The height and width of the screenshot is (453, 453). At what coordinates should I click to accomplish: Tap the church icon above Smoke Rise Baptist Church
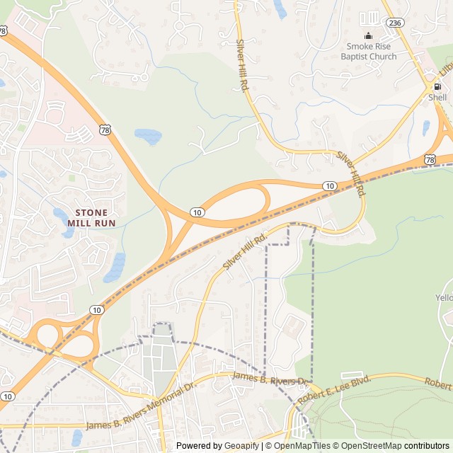(x=368, y=36)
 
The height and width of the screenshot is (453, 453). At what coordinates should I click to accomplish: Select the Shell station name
(x=437, y=97)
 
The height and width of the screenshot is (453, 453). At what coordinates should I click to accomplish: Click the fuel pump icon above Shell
(x=437, y=86)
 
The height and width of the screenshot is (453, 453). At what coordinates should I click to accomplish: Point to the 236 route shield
(x=394, y=23)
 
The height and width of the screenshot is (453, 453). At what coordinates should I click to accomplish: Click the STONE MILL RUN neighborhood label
(x=91, y=217)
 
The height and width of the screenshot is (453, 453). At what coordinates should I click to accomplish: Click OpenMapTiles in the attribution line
(x=302, y=446)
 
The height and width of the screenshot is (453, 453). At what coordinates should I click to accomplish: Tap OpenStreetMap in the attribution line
(x=372, y=446)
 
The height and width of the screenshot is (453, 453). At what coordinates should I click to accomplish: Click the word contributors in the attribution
(x=428, y=446)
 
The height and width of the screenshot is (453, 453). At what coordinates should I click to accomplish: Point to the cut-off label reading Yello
(x=444, y=298)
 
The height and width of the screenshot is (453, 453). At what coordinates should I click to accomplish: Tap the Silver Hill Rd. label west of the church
(x=243, y=64)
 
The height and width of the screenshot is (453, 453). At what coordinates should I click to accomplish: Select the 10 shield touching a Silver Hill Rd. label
(x=330, y=185)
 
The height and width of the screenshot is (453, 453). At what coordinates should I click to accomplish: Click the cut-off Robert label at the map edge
(x=438, y=383)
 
